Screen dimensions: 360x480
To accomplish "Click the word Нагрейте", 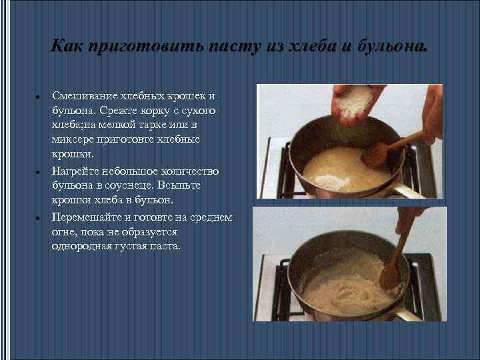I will point(75,171).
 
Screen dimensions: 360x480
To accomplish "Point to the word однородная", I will point(82,246).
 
